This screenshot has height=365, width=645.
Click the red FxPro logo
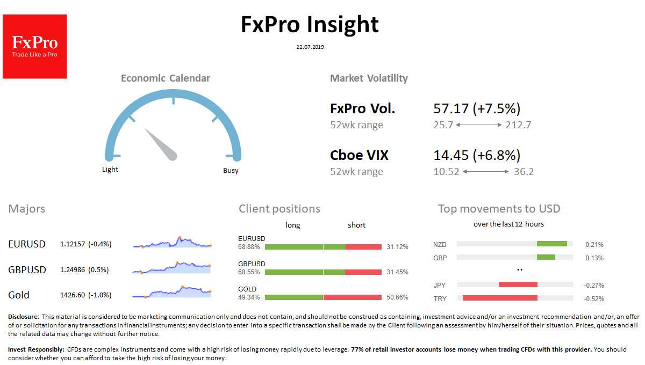[x=35, y=47]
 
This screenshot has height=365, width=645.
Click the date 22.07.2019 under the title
[x=310, y=47]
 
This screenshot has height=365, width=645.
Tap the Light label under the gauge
[x=110, y=170]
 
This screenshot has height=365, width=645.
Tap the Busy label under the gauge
[x=231, y=171]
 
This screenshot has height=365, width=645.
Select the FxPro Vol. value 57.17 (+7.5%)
[x=477, y=108]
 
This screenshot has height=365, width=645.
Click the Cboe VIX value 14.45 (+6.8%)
[x=477, y=155]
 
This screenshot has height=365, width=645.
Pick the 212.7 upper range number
[x=518, y=125]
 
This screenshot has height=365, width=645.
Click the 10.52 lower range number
[x=446, y=172]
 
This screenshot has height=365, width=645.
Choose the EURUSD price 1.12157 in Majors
[x=73, y=244]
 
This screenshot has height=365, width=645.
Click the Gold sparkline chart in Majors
[x=172, y=292]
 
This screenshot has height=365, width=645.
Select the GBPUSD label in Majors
[x=27, y=269]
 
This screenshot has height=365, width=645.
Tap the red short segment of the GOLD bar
[x=352, y=297]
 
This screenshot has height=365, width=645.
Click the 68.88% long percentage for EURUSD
[x=249, y=247]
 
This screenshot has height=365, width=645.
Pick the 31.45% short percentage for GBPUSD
[x=397, y=272]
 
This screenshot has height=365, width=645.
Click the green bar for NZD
[x=552, y=244]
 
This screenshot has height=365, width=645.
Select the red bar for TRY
[x=500, y=298]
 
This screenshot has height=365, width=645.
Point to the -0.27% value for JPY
[x=594, y=285]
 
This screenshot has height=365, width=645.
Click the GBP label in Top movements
[x=440, y=258]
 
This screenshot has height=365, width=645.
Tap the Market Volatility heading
[x=369, y=78]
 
